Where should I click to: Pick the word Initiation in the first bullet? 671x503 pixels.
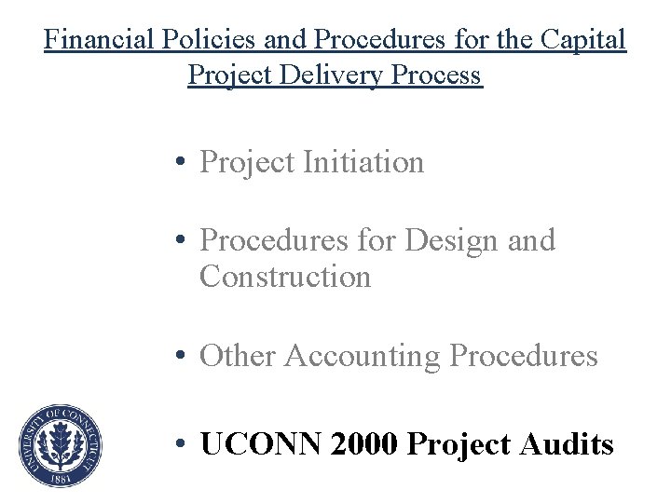[x=363, y=162]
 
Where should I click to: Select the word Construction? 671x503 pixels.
[x=285, y=277]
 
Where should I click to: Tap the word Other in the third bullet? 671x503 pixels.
[x=238, y=355]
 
